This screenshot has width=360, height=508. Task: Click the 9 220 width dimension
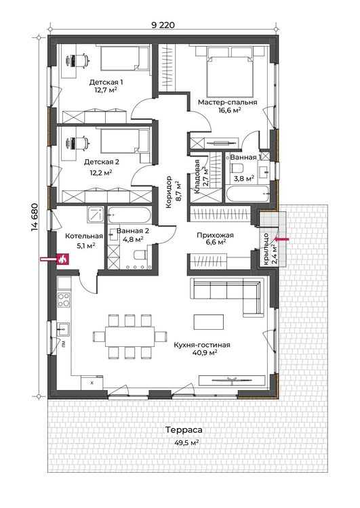(x=163, y=25)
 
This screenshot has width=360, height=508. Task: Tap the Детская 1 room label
(x=106, y=82)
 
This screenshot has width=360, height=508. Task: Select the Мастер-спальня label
(x=227, y=102)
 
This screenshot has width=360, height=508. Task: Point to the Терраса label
(x=184, y=430)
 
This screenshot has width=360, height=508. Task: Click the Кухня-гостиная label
(x=202, y=345)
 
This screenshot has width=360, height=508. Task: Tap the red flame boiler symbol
(x=62, y=259)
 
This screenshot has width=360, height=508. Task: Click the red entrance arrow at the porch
(x=281, y=239)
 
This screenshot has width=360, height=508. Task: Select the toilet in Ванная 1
(x=237, y=169)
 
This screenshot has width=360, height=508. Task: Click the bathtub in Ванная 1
(x=247, y=194)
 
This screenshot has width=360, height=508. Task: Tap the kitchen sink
(x=63, y=329)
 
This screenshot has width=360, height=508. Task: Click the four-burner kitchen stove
(x=64, y=299)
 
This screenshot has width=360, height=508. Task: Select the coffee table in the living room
(x=209, y=322)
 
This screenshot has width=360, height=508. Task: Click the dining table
(x=129, y=337)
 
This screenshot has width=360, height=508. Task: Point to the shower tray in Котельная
(x=96, y=215)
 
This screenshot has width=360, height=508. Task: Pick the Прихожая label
(x=215, y=235)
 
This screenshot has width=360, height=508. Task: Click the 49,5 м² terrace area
(x=186, y=443)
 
